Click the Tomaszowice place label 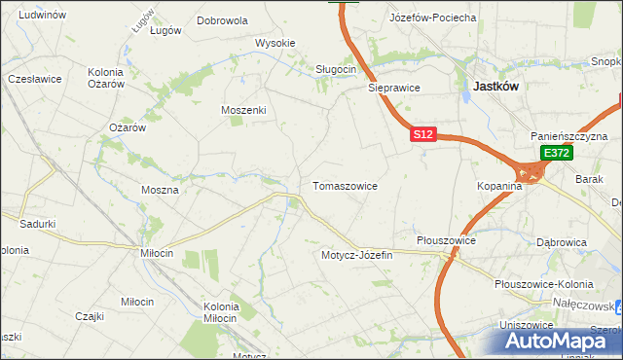(x=344, y=185)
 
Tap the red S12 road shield (x=421, y=135)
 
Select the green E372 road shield (x=556, y=154)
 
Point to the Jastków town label (x=495, y=86)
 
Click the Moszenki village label (x=243, y=110)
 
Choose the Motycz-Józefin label (x=356, y=255)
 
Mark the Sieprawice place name (x=393, y=87)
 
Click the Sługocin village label (x=337, y=69)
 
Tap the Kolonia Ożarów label (x=106, y=78)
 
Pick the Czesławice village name (x=34, y=78)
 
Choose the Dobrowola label (x=222, y=19)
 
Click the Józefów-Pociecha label (x=432, y=18)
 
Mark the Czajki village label (x=90, y=315)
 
